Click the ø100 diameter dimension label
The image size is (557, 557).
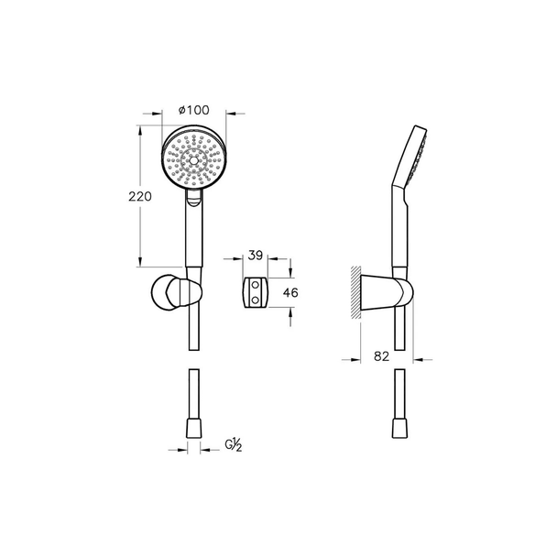(193, 110)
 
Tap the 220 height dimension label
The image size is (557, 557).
(140, 196)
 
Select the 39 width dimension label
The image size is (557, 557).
(255, 256)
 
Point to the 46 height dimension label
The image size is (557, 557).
(290, 293)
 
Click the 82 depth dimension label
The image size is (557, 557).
(381, 356)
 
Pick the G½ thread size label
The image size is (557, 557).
(234, 445)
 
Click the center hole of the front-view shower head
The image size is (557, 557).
(193, 160)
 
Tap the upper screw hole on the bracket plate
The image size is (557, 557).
(255, 285)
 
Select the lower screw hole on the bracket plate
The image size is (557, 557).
(255, 300)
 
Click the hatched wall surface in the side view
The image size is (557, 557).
(355, 292)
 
